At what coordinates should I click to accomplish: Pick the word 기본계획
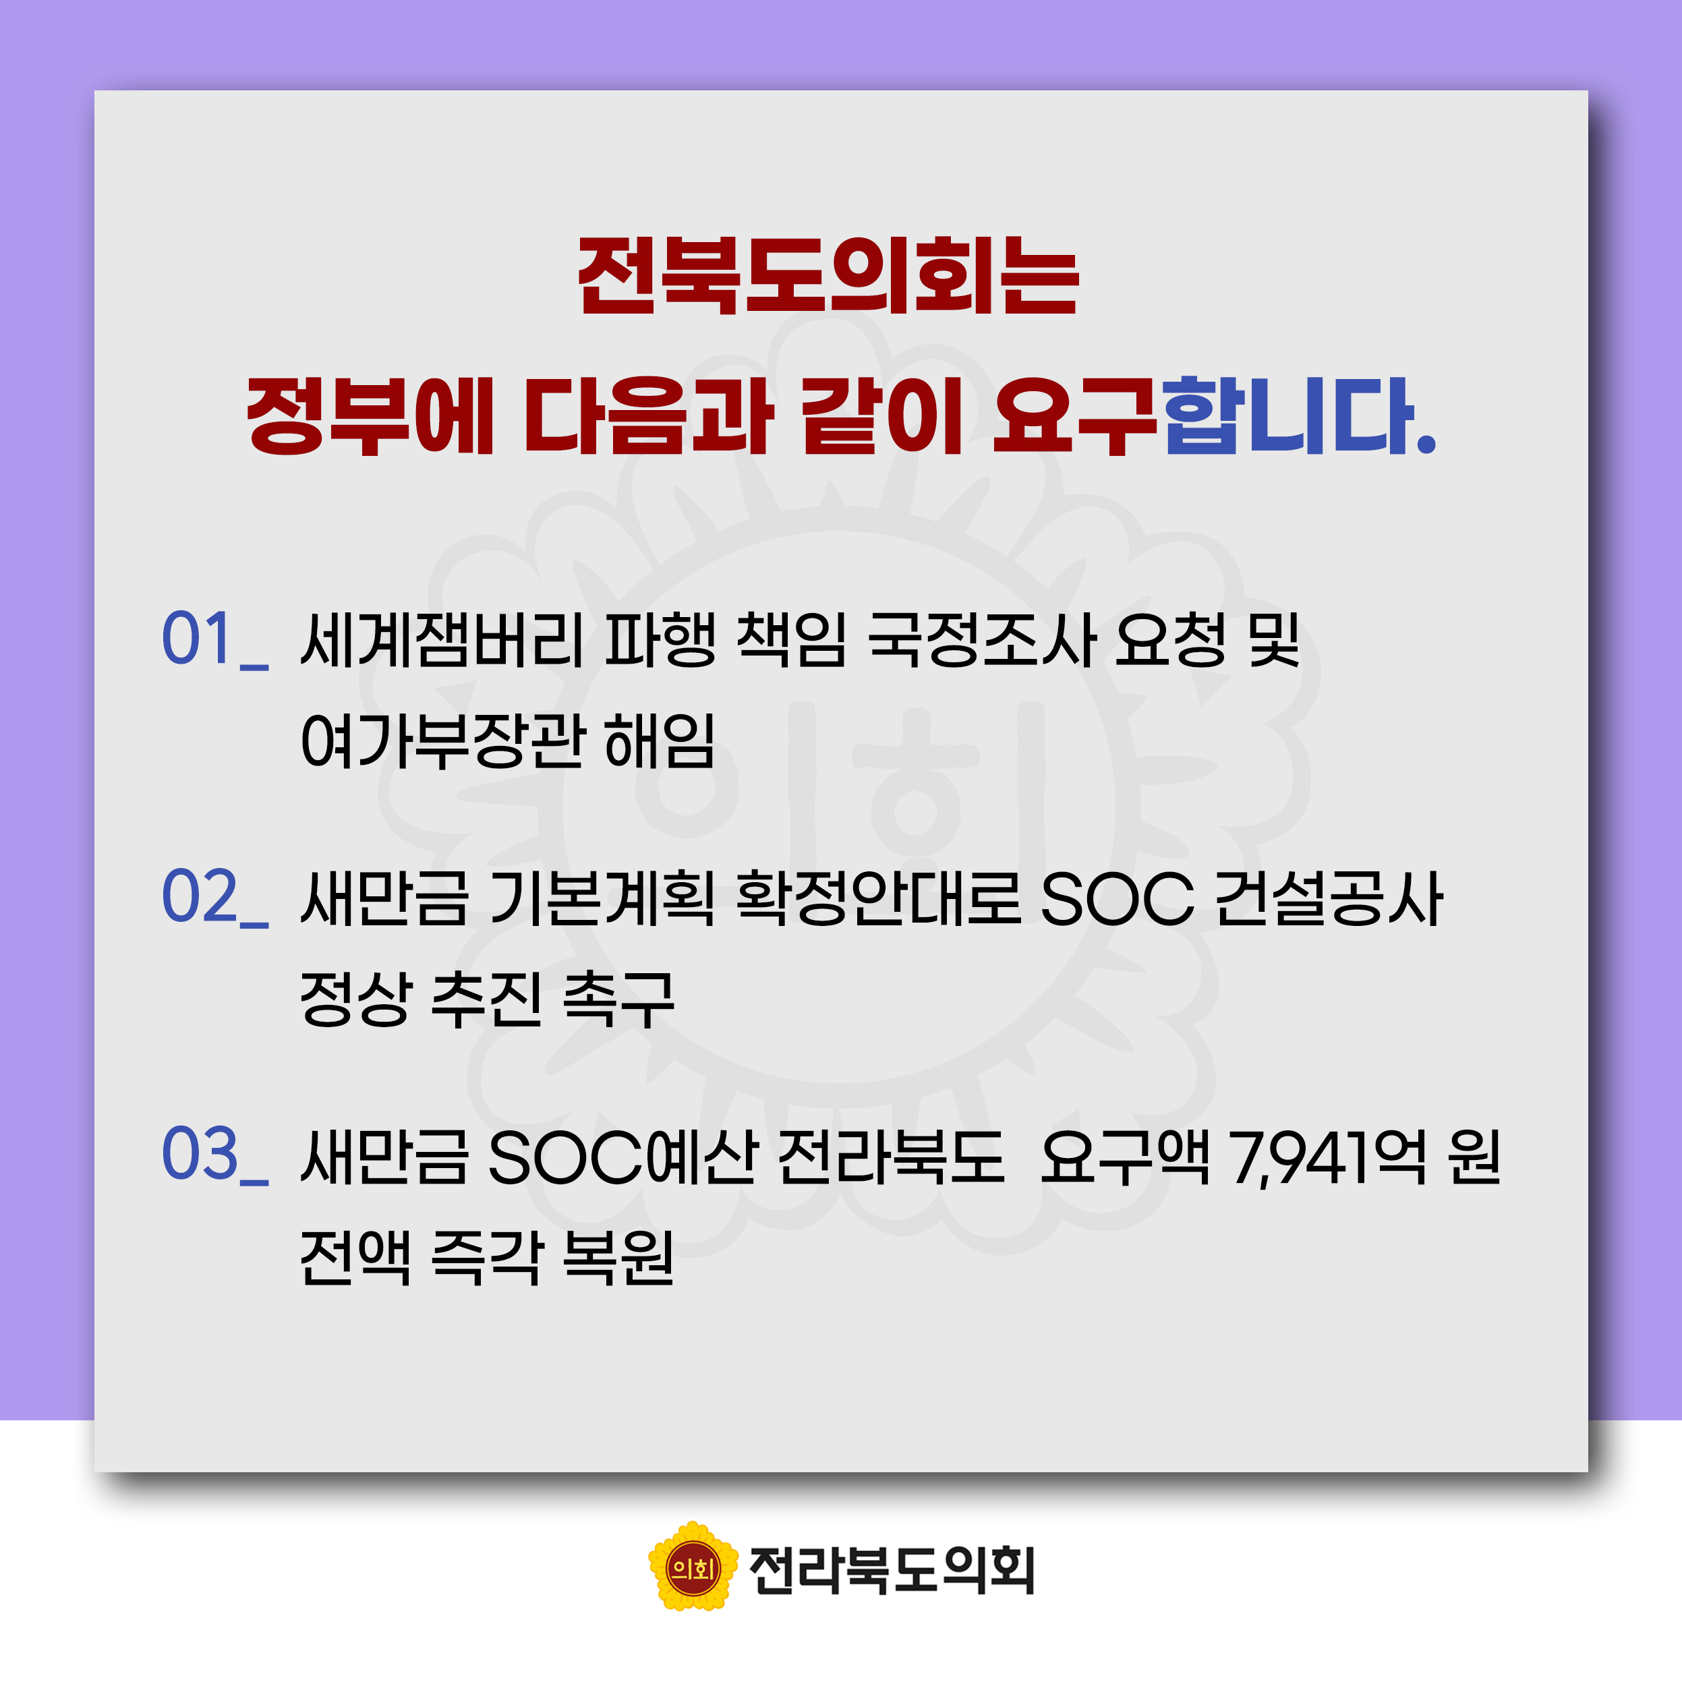pos(602,898)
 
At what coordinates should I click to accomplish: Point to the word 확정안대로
pos(879,898)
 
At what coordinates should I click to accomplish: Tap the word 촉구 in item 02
pos(619,999)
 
